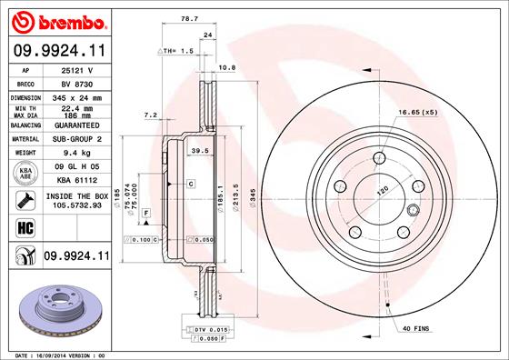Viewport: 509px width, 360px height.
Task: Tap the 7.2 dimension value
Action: [152, 115]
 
